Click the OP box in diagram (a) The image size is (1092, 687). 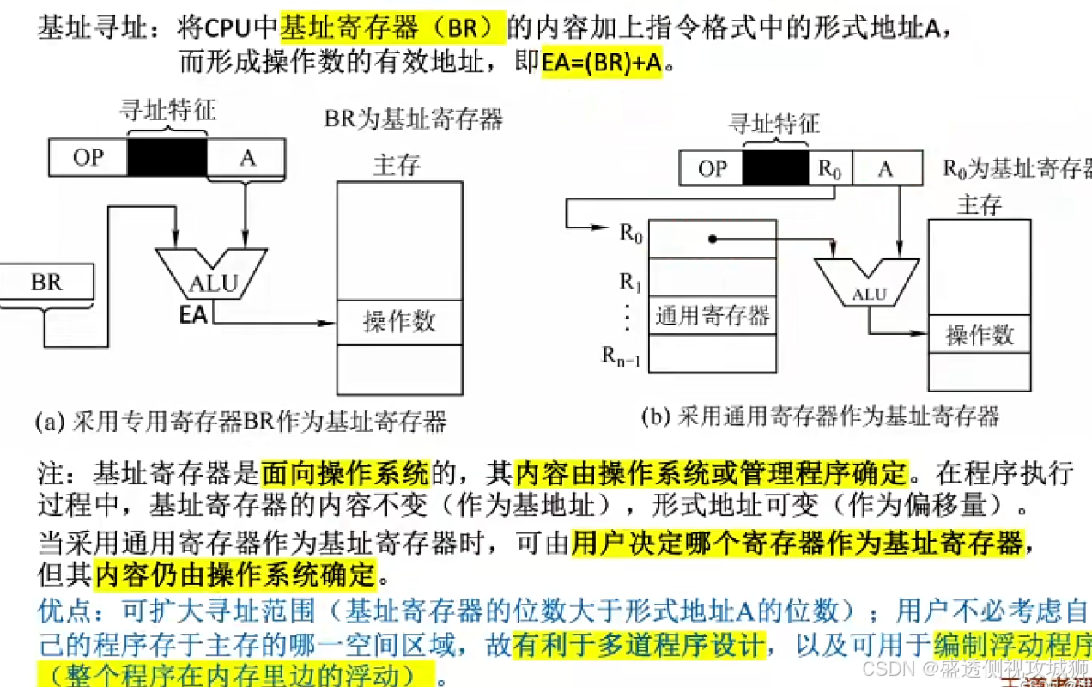tap(88, 157)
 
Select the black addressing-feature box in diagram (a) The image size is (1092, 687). tap(167, 157)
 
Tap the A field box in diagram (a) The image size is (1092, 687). tap(246, 157)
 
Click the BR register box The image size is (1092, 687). tap(46, 283)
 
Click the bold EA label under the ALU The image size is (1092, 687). tap(193, 314)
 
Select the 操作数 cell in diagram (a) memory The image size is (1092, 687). tap(399, 322)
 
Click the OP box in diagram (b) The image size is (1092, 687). tap(712, 168)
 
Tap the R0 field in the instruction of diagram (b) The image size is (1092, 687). tap(830, 168)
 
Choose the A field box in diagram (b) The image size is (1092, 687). tap(885, 168)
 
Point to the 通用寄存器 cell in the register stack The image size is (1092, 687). tap(712, 315)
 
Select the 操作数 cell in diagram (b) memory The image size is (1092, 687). tap(980, 335)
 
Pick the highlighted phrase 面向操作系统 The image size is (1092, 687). tap(344, 471)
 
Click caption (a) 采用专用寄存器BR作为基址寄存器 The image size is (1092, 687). tap(241, 422)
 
